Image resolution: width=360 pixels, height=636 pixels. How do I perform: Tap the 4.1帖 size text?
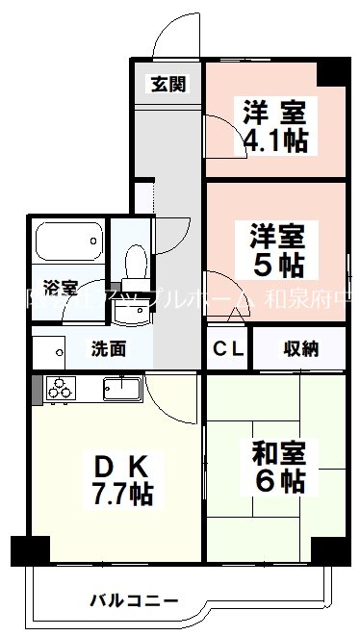(274, 140)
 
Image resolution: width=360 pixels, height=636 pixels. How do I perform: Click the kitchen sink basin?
(121, 390)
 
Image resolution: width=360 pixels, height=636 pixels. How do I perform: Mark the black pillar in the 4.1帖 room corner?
(335, 69)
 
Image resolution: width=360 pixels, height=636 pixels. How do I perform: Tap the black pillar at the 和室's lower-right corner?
(334, 551)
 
